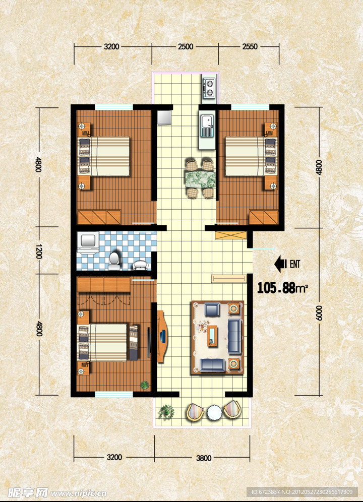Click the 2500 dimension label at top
coord(186,47)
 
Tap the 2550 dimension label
coord(250,47)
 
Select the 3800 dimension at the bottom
coord(204,458)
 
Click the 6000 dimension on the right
coord(319,312)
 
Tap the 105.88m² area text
coord(282,288)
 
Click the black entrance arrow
coord(281,264)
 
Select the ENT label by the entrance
coord(295,264)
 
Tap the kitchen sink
coord(207,126)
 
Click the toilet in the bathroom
coord(114,261)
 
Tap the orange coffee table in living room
coord(212,336)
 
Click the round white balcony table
coord(214,413)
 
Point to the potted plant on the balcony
coord(166,412)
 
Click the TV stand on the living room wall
coord(162,337)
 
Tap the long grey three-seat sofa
coord(235,336)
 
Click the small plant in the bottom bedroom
coord(145,385)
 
